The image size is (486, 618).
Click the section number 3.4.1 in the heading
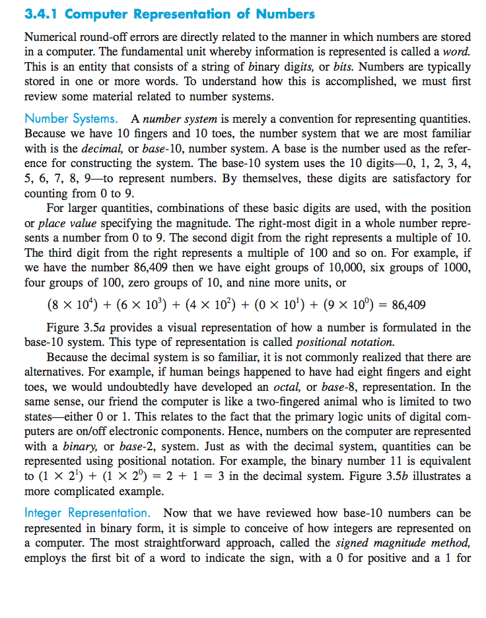coord(42,14)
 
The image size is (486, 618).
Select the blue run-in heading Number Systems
coord(71,120)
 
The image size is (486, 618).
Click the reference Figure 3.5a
coord(76,327)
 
